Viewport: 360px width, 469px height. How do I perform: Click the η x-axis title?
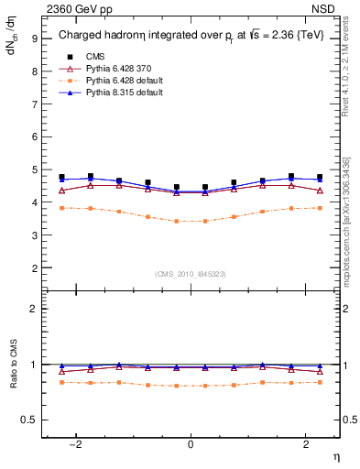[x=335, y=457]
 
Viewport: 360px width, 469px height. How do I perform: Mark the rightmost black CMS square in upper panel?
[x=320, y=177]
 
